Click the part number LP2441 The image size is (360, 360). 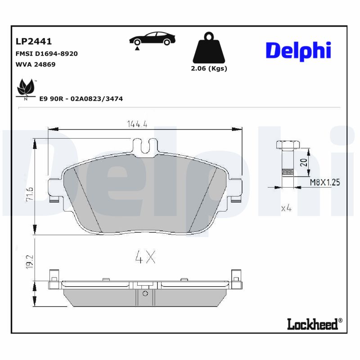[x=34, y=41]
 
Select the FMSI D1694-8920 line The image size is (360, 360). [x=47, y=54]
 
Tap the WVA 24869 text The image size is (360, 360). [x=36, y=64]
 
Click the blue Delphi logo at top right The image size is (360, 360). [x=298, y=50]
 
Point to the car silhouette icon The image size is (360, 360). [x=152, y=40]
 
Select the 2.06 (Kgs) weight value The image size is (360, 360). [x=209, y=69]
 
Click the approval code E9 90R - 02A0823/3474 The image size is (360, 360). [x=81, y=99]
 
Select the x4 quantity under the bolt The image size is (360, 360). [x=286, y=208]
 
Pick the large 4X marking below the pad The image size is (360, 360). [x=145, y=257]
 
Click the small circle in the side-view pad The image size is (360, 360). [x=145, y=294]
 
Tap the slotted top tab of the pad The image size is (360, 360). [x=145, y=146]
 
